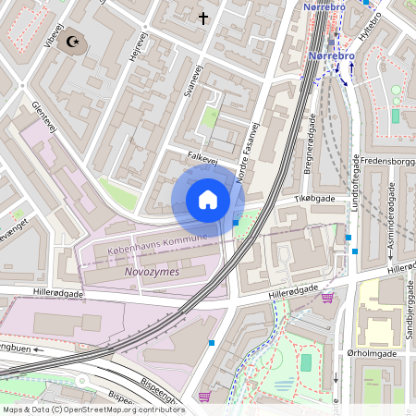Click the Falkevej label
pyautogui.click(x=202, y=160)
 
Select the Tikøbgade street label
pyautogui.click(x=316, y=199)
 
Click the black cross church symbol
pyautogui.click(x=204, y=18)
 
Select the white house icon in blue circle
pyautogui.click(x=208, y=200)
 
